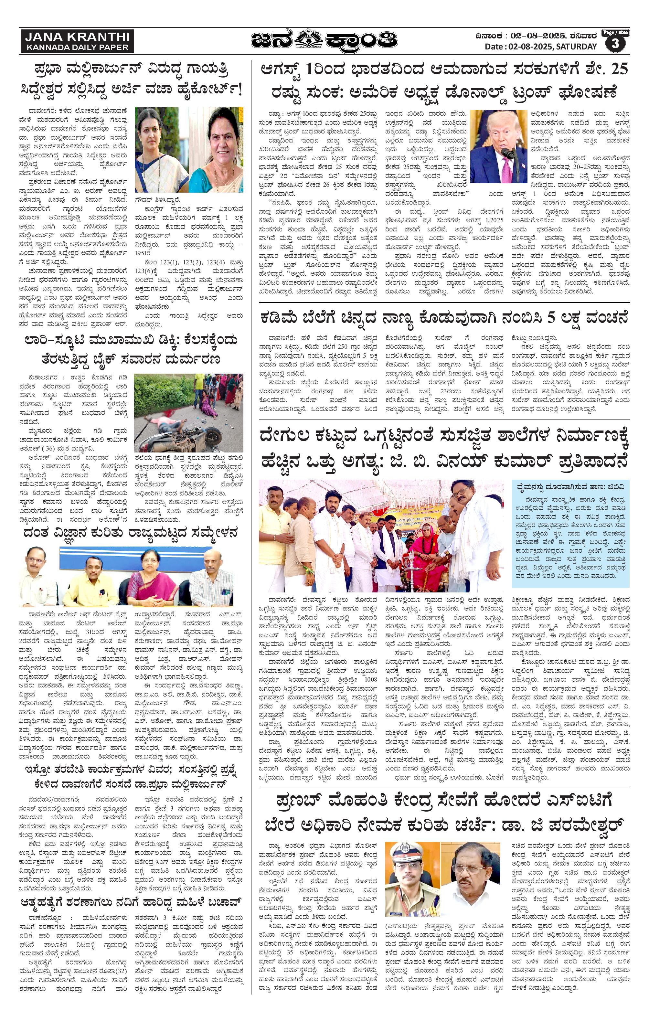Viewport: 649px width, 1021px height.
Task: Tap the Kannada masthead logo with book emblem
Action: [x=324, y=41]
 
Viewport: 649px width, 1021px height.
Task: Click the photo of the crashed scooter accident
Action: [x=189, y=412]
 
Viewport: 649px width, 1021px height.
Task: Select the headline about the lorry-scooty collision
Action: [x=131, y=350]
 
